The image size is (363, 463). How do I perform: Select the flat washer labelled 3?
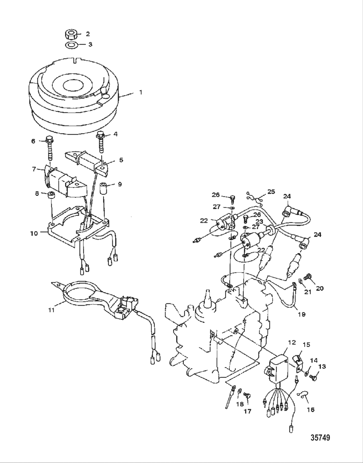coord(71,45)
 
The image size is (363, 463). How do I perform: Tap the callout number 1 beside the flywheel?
coord(141,92)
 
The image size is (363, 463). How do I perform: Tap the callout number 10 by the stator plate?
coord(34,233)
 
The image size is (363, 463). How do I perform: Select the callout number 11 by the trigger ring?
coord(51,310)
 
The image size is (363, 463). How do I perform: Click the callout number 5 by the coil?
coord(121,160)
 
